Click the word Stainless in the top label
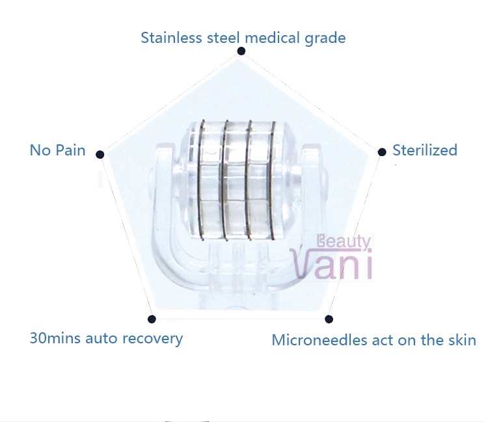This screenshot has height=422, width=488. (171, 38)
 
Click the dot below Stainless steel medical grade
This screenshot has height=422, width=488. (241, 51)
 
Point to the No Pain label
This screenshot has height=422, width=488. (57, 150)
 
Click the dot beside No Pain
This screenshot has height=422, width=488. (100, 154)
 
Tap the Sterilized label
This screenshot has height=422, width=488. (425, 150)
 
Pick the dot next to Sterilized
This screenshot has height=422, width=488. (382, 152)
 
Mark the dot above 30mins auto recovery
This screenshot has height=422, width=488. (152, 319)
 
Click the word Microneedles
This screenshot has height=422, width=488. (319, 340)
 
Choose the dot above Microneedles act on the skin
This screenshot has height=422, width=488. (329, 319)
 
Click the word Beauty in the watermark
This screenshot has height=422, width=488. (344, 241)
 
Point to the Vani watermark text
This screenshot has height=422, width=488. (331, 265)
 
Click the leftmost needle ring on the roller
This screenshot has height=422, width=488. (200, 179)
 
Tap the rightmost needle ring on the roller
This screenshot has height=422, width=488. (272, 179)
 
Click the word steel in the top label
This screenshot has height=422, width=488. (223, 38)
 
